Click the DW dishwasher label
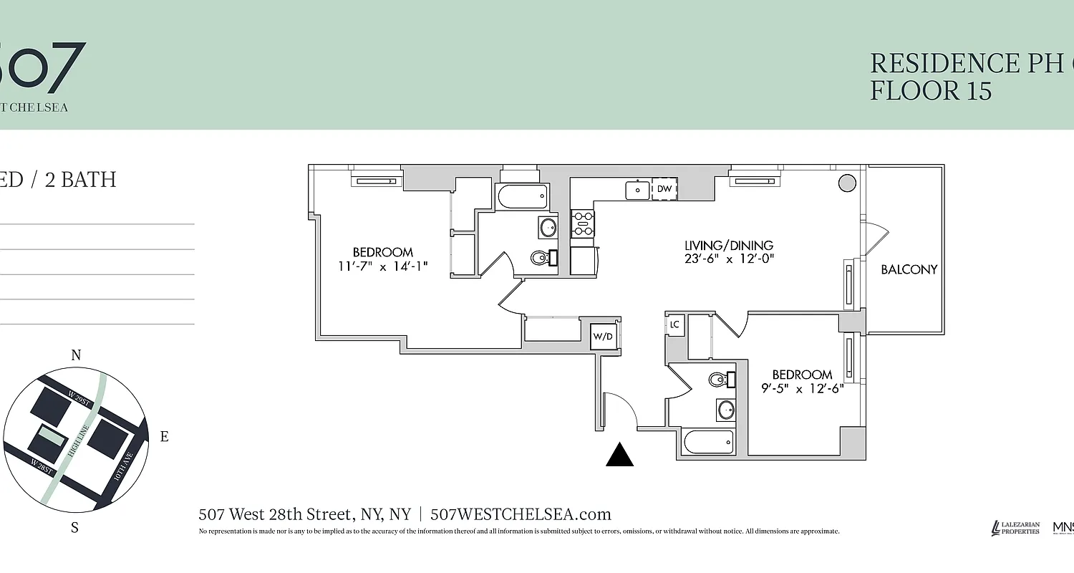click(664, 189)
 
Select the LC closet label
click(674, 324)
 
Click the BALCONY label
click(909, 270)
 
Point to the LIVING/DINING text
click(729, 246)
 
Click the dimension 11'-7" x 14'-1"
click(383, 266)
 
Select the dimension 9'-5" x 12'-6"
click(802, 388)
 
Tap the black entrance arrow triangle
click(620, 455)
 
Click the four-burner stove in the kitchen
click(583, 223)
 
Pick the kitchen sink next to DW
click(637, 190)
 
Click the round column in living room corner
click(847, 183)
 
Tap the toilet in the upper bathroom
click(541, 257)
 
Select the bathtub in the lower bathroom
click(709, 442)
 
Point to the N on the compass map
click(76, 355)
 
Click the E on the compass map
click(164, 436)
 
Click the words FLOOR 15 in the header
click(931, 91)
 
